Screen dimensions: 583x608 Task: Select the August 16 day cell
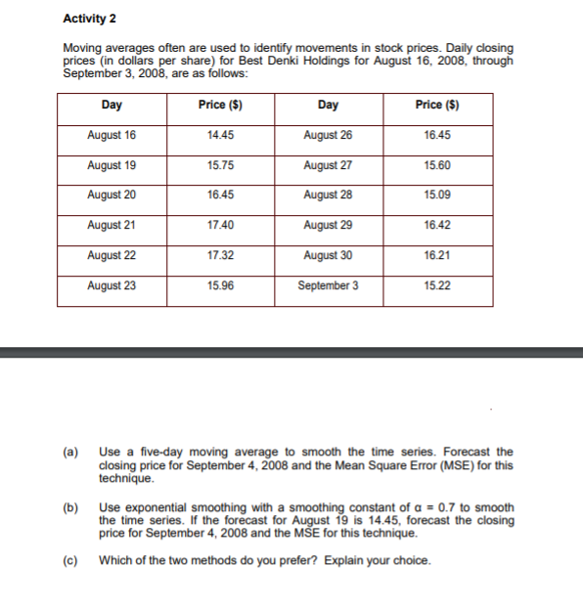112,135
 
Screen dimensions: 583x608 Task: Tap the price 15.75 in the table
220,165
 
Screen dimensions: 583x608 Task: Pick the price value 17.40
220,225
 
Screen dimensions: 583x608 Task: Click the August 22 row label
112,255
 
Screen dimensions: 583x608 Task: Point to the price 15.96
220,285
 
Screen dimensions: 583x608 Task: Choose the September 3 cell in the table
329,285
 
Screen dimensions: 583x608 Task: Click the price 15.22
437,285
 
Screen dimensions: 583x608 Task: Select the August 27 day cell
329,165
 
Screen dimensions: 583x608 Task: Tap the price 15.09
437,195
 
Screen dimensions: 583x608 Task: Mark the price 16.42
437,225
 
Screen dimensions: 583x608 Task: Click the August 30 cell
329,255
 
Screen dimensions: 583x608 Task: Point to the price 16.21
437,255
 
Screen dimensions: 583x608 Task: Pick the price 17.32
220,255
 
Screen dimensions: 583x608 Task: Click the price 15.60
437,165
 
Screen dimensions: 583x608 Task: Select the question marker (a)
70,452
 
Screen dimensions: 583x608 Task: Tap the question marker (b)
70,508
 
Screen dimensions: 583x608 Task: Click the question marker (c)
70,560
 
